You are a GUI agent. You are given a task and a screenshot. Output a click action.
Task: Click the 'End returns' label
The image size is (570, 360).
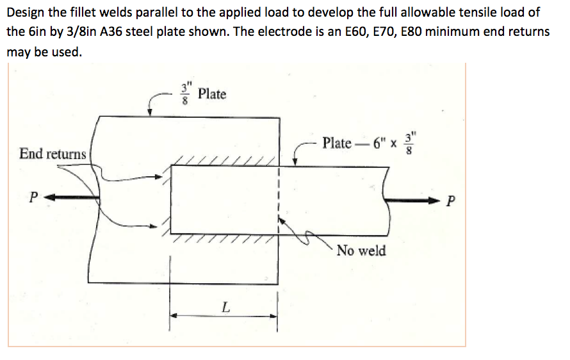point(53,154)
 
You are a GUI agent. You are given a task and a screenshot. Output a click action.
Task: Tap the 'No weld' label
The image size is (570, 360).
point(361,250)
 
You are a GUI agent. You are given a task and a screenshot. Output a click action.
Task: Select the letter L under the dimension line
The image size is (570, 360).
point(224,307)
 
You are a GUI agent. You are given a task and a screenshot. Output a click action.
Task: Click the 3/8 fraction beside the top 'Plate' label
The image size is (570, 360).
point(186,94)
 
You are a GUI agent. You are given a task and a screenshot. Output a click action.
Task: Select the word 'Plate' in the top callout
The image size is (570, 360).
point(212,94)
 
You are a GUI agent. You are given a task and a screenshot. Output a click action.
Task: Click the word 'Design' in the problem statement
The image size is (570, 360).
point(25,12)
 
